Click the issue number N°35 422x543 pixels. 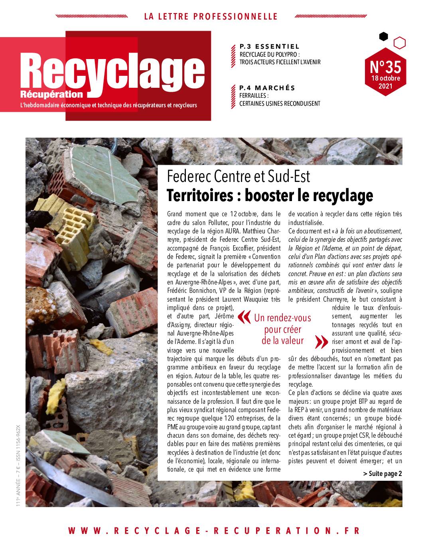(x=385, y=65)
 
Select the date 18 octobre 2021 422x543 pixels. (x=385, y=82)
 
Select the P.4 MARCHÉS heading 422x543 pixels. (x=267, y=88)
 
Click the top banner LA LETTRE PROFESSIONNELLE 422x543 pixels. (x=211, y=16)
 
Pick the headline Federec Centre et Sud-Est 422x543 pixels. (x=239, y=176)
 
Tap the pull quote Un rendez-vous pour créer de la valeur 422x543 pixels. (x=282, y=329)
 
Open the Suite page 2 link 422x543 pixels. (x=383, y=474)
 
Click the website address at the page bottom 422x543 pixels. (x=214, y=530)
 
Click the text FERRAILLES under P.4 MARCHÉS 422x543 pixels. (x=253, y=96)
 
